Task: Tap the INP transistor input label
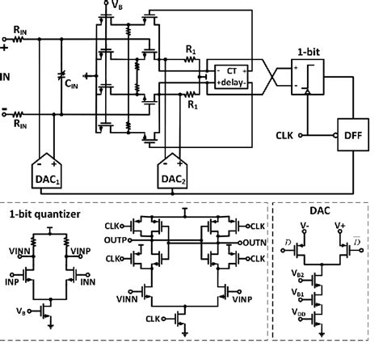point(14,282)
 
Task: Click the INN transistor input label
point(90,282)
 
